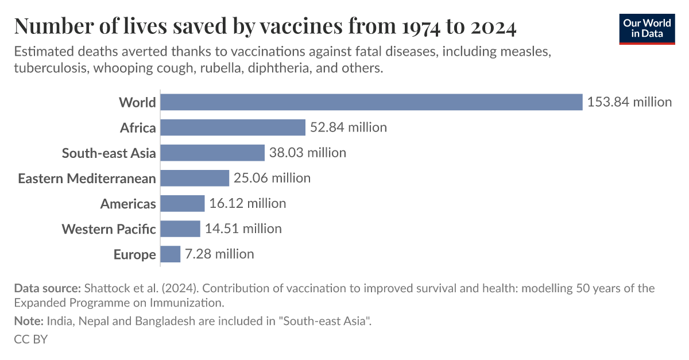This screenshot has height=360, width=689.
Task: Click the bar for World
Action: (x=371, y=102)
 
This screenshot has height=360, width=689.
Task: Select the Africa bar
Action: (x=233, y=127)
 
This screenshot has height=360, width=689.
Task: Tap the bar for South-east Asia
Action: (x=212, y=153)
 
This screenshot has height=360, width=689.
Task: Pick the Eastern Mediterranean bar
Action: (x=195, y=178)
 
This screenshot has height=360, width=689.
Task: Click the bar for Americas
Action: (x=183, y=203)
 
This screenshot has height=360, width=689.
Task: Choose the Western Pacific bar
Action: (x=180, y=229)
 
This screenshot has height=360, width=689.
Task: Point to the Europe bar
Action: (x=171, y=254)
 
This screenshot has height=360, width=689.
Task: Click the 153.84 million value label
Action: (x=629, y=102)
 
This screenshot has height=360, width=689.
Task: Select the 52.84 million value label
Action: (x=348, y=127)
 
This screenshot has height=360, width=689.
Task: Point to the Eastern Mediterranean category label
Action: (x=87, y=179)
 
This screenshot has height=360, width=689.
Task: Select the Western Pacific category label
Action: (x=109, y=229)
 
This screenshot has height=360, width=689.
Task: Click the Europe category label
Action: (x=134, y=254)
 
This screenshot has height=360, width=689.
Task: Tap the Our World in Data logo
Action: (x=647, y=28)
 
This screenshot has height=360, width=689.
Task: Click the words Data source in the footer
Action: (x=47, y=288)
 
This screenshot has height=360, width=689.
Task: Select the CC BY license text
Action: (x=30, y=339)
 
